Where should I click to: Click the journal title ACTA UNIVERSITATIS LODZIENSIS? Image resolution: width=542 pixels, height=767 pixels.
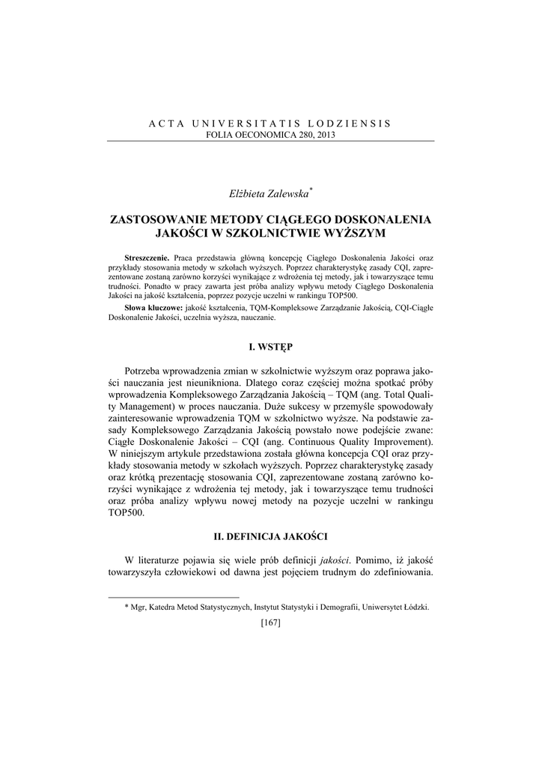(x=271, y=123)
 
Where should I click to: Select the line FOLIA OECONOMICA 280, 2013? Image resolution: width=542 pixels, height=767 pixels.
(x=271, y=134)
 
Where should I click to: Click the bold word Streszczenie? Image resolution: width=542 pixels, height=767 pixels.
(x=147, y=257)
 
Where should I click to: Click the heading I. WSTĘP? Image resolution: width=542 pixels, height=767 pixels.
(x=271, y=347)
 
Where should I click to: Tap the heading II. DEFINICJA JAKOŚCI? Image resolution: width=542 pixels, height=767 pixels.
(x=271, y=536)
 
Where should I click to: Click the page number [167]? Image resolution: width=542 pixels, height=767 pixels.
(x=271, y=623)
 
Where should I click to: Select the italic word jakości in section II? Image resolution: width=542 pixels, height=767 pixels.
(x=335, y=560)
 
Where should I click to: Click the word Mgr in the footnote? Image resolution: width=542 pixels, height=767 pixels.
(x=138, y=608)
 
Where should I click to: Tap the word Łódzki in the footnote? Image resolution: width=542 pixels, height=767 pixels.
(x=415, y=608)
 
